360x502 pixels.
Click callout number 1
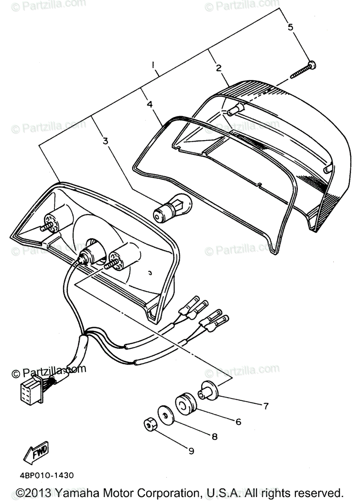point(153,65)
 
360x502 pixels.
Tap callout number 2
point(218,68)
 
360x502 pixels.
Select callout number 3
point(105,141)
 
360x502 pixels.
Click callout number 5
point(290,27)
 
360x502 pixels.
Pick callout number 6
point(238,422)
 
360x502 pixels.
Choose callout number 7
point(265,405)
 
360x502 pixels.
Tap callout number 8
point(214,437)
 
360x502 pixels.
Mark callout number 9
point(191,451)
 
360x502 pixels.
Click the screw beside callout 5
point(302,70)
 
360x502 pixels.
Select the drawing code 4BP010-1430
point(46,475)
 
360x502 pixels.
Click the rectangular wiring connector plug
point(31,391)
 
